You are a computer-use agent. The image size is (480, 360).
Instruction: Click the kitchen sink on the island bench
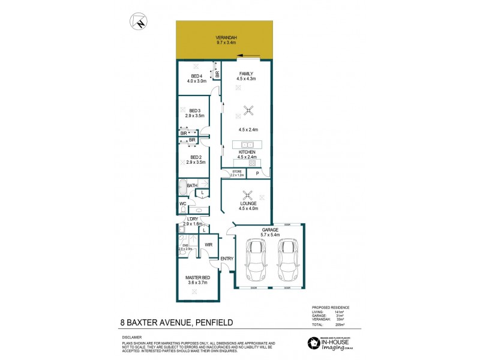click(248, 145)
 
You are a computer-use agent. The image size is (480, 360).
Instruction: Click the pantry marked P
click(257, 174)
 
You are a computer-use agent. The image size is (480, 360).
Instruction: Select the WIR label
click(209, 245)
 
